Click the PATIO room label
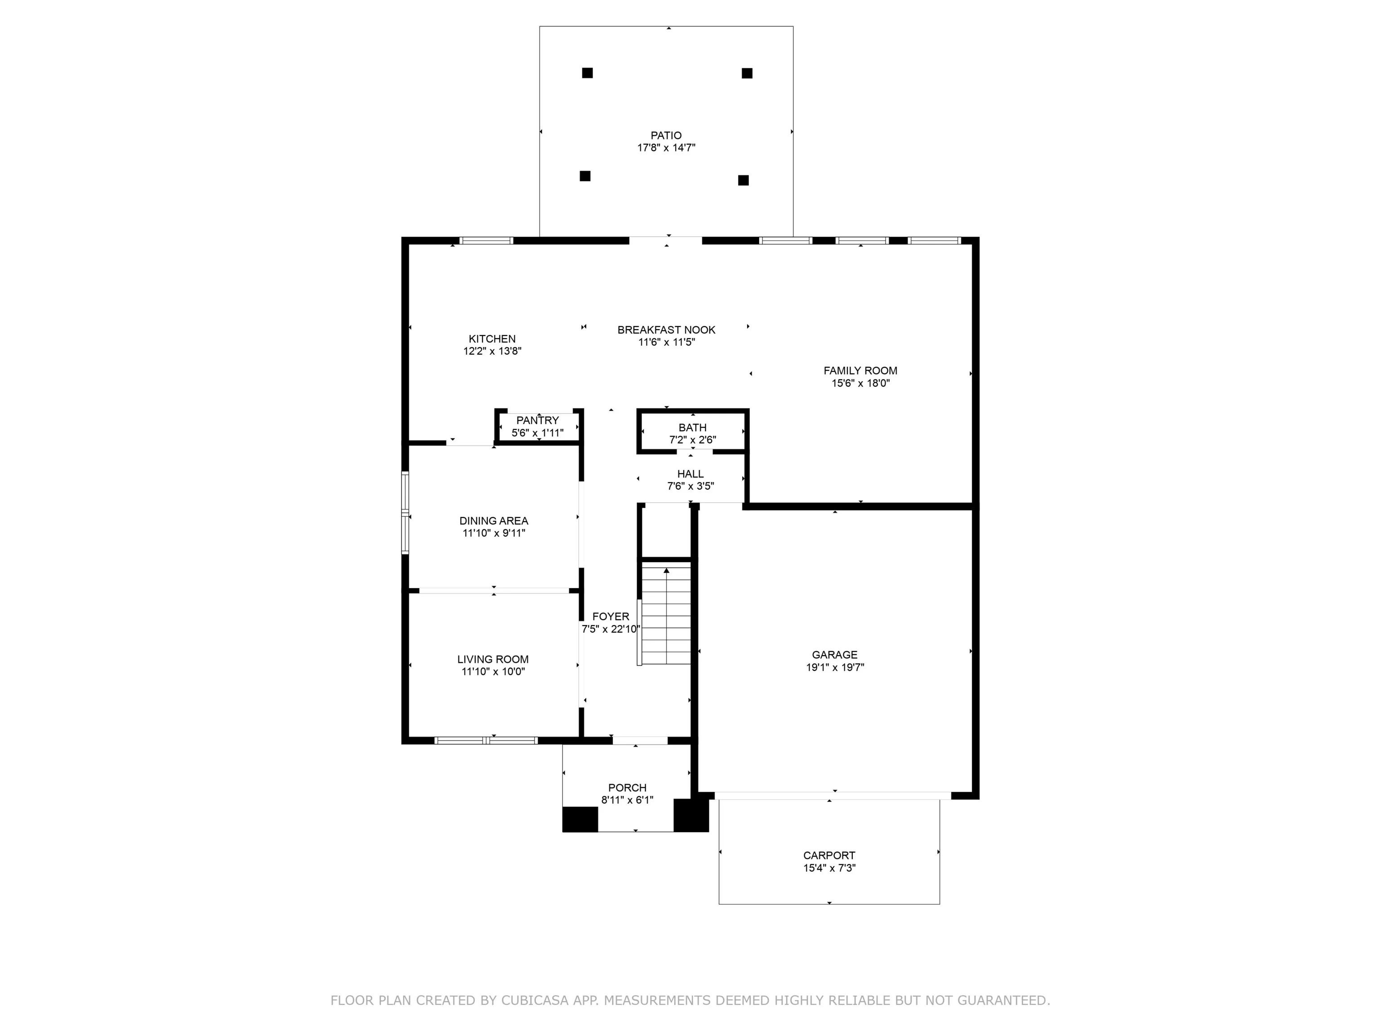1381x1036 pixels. coord(666,135)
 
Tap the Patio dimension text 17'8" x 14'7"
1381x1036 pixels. coord(666,148)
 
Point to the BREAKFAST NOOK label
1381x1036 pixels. coord(666,330)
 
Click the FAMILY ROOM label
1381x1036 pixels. coord(860,371)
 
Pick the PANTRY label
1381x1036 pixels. coord(538,420)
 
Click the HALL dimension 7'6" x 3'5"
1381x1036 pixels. coord(690,487)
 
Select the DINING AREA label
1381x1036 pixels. coord(494,521)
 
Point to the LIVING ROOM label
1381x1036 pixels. coord(493,660)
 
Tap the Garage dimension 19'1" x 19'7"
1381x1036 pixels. coord(835,668)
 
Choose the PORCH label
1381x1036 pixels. coord(628,788)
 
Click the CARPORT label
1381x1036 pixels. coord(829,856)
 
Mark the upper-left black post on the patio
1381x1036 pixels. coord(588,73)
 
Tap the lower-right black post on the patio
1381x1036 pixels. coord(743,180)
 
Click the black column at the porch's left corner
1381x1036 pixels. coord(580,819)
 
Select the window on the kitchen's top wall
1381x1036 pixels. coord(486,241)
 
